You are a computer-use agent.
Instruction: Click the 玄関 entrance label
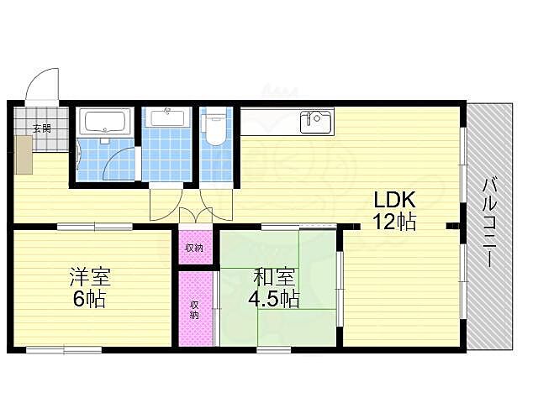[x=42, y=128]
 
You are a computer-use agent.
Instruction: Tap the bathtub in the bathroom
[x=105, y=121]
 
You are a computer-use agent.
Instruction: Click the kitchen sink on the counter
[x=316, y=122]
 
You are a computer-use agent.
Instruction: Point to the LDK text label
[x=394, y=200]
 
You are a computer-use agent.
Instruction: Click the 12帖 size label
[x=394, y=222]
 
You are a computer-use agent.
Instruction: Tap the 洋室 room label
[x=90, y=277]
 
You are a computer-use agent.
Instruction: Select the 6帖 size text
[x=89, y=299]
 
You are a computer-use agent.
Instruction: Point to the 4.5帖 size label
[x=274, y=299]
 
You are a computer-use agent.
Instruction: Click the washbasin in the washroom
[x=167, y=118]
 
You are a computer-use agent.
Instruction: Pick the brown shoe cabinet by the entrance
[x=24, y=154]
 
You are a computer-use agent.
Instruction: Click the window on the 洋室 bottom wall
[x=64, y=350]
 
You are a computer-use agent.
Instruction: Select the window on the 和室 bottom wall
[x=274, y=350]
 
